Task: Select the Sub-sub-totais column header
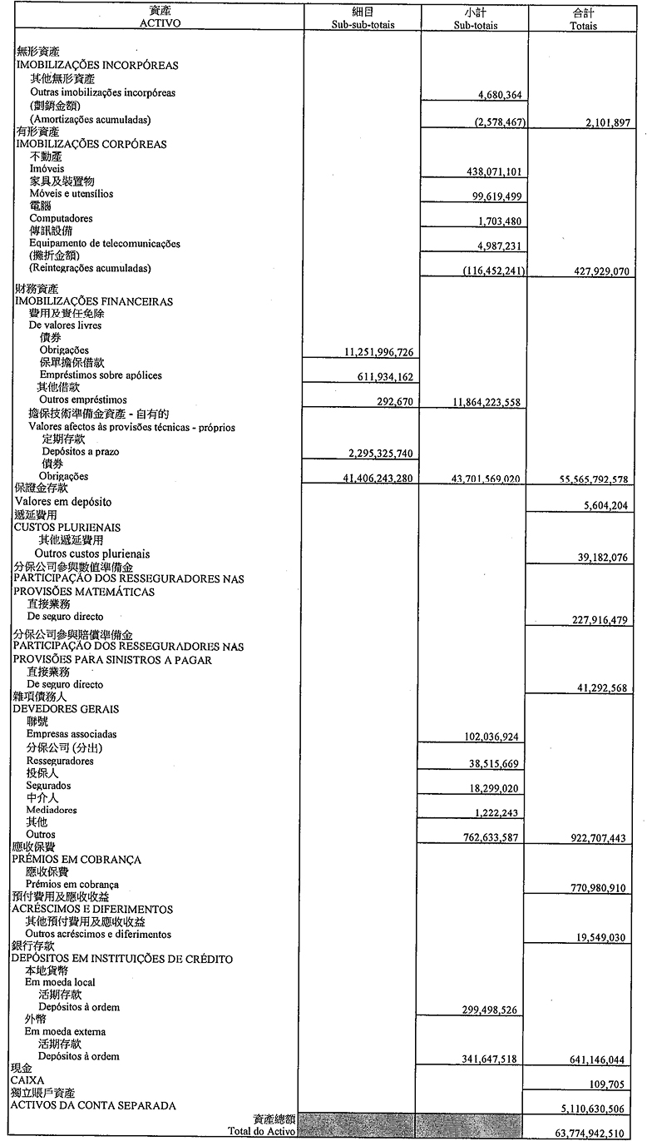pos(362,25)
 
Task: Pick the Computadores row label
pos(62,219)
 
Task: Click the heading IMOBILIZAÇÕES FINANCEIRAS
pos(94,301)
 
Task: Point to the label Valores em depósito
pos(63,502)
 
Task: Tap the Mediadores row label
pos(52,810)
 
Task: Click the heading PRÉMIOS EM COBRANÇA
pos(77,860)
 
